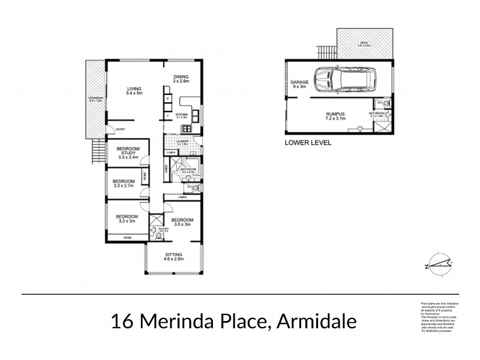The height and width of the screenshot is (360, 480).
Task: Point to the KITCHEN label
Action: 182,114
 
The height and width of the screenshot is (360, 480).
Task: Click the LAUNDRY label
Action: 182,142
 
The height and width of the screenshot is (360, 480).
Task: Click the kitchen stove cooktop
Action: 187,128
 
